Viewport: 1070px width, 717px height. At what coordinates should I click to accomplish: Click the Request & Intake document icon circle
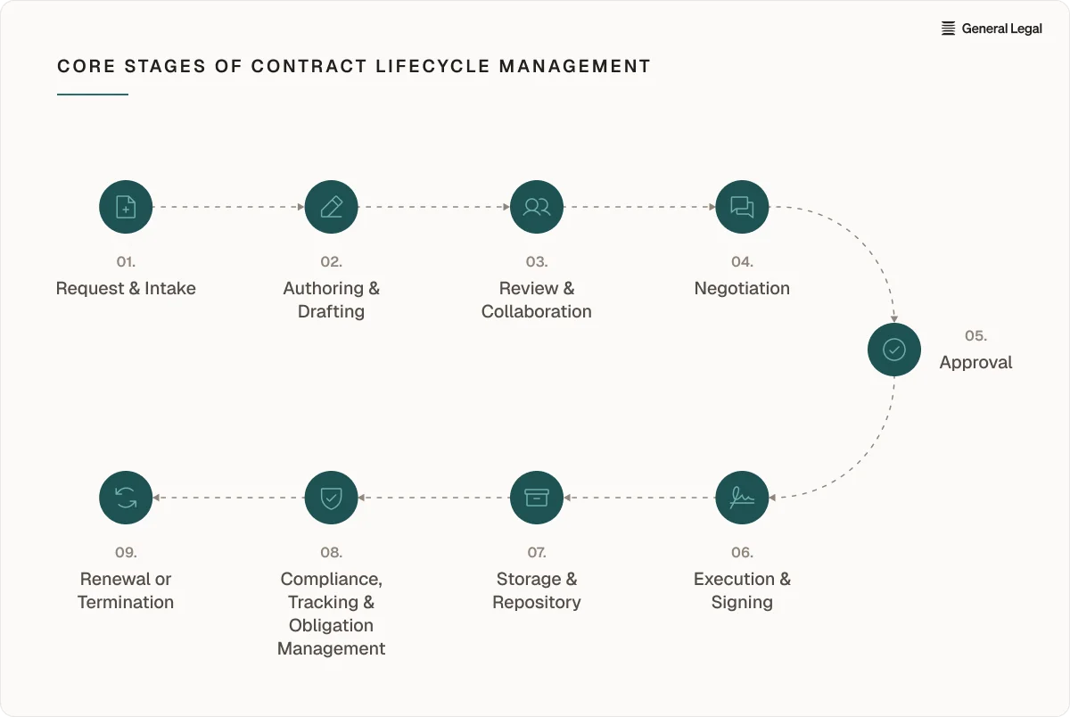coord(126,207)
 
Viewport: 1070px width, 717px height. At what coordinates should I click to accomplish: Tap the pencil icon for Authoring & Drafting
coord(331,207)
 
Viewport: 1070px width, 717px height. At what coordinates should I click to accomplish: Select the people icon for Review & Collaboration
coord(537,207)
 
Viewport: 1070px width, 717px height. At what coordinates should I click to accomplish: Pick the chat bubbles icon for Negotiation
coord(742,207)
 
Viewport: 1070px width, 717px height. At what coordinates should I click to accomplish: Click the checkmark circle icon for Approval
coord(894,350)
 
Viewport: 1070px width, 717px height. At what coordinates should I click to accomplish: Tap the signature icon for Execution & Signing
coord(742,498)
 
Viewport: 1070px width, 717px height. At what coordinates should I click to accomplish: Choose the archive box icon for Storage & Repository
coord(537,498)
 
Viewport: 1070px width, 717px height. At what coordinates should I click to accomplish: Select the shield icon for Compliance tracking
coord(331,498)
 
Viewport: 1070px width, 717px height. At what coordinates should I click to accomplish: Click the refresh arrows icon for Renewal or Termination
coord(126,498)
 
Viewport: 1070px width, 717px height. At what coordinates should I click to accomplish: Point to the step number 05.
coord(975,336)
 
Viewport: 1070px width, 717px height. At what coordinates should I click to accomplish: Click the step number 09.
coord(126,553)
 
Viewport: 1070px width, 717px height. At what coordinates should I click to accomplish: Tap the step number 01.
coord(126,262)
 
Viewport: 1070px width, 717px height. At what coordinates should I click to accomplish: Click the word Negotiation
coord(742,289)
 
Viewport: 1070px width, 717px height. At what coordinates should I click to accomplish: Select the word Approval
coord(975,363)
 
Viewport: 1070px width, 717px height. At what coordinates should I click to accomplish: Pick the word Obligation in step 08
coord(331,625)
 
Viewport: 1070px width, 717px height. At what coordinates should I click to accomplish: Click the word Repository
coord(537,602)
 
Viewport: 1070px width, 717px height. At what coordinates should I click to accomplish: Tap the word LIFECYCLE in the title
coord(432,66)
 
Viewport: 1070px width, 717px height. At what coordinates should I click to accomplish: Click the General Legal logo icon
coord(948,29)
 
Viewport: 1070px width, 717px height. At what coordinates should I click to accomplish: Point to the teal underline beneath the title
coord(93,95)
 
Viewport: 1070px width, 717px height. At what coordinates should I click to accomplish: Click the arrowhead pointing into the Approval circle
coord(894,318)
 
